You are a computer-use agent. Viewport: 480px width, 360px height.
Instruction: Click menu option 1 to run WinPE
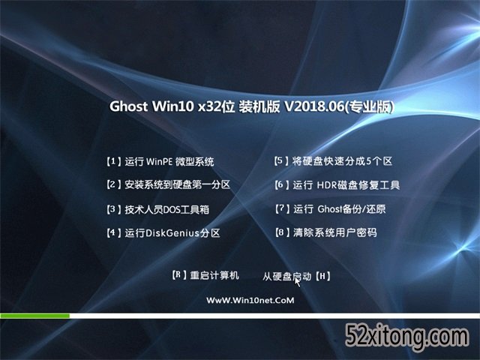pos(160,161)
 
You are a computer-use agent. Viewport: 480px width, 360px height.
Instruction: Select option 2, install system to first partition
pos(168,184)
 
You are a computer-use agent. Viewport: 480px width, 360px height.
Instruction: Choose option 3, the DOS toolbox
pos(157,209)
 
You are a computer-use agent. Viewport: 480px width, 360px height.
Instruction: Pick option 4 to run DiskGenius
pos(163,233)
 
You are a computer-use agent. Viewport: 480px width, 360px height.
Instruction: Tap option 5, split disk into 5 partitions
pos(333,161)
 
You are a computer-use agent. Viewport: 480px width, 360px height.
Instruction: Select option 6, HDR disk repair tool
pos(337,185)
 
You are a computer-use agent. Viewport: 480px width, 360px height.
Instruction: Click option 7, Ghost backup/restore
pos(330,209)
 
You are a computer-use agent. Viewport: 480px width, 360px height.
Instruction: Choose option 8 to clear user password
pos(325,232)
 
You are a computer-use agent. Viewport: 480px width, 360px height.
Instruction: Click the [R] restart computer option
pos(205,275)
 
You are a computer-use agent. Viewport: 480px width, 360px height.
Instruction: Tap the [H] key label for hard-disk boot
pos(322,277)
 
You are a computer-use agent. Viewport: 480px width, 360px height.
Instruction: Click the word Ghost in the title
pos(128,106)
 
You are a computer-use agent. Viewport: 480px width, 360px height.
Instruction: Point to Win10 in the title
pos(173,106)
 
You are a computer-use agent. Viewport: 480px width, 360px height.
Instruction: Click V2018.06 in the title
pos(314,106)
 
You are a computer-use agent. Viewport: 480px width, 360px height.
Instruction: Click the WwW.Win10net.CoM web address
pos(250,300)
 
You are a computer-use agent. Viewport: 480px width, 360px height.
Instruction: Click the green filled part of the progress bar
pos(35,316)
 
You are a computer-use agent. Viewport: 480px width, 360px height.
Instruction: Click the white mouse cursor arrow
pos(297,282)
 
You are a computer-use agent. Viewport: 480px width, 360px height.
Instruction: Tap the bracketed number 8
pos(282,232)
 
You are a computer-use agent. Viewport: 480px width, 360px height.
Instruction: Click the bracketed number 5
pos(280,161)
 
